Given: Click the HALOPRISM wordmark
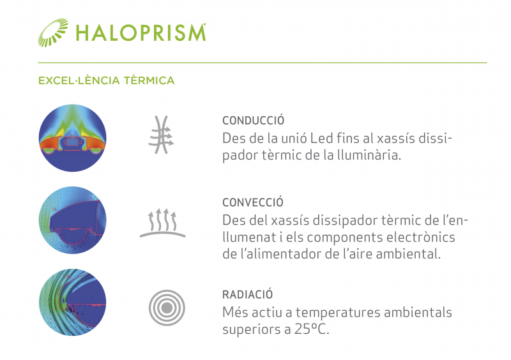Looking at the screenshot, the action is click(141, 33).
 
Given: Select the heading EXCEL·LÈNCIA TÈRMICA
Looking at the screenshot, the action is click(106, 80).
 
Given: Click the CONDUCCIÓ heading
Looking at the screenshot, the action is click(253, 120).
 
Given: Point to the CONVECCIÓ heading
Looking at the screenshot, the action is click(252, 202).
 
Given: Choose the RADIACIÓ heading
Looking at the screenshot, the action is click(247, 294).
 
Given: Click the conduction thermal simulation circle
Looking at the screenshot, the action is click(72, 138).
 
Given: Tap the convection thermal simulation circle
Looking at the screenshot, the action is click(72, 220).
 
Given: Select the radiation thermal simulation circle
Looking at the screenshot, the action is click(72, 303).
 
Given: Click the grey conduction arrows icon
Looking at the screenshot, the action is click(162, 135).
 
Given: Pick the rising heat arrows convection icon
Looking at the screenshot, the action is click(163, 223).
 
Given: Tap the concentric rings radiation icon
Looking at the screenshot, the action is click(167, 308).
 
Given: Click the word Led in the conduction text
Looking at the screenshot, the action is click(321, 139).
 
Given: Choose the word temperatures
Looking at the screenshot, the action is click(338, 313).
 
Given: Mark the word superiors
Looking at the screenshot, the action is click(251, 330).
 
